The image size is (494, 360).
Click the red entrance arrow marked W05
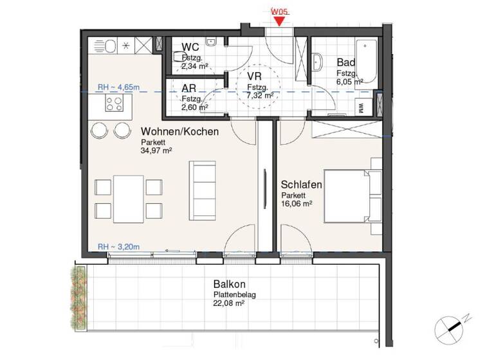279,19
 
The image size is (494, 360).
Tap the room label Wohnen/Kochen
179,132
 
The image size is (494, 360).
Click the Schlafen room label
302,184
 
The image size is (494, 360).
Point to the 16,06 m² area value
297,203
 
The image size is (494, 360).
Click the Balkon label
230,284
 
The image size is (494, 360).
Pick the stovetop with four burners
115,104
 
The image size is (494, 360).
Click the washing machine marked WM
360,108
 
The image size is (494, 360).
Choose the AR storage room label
188,89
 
